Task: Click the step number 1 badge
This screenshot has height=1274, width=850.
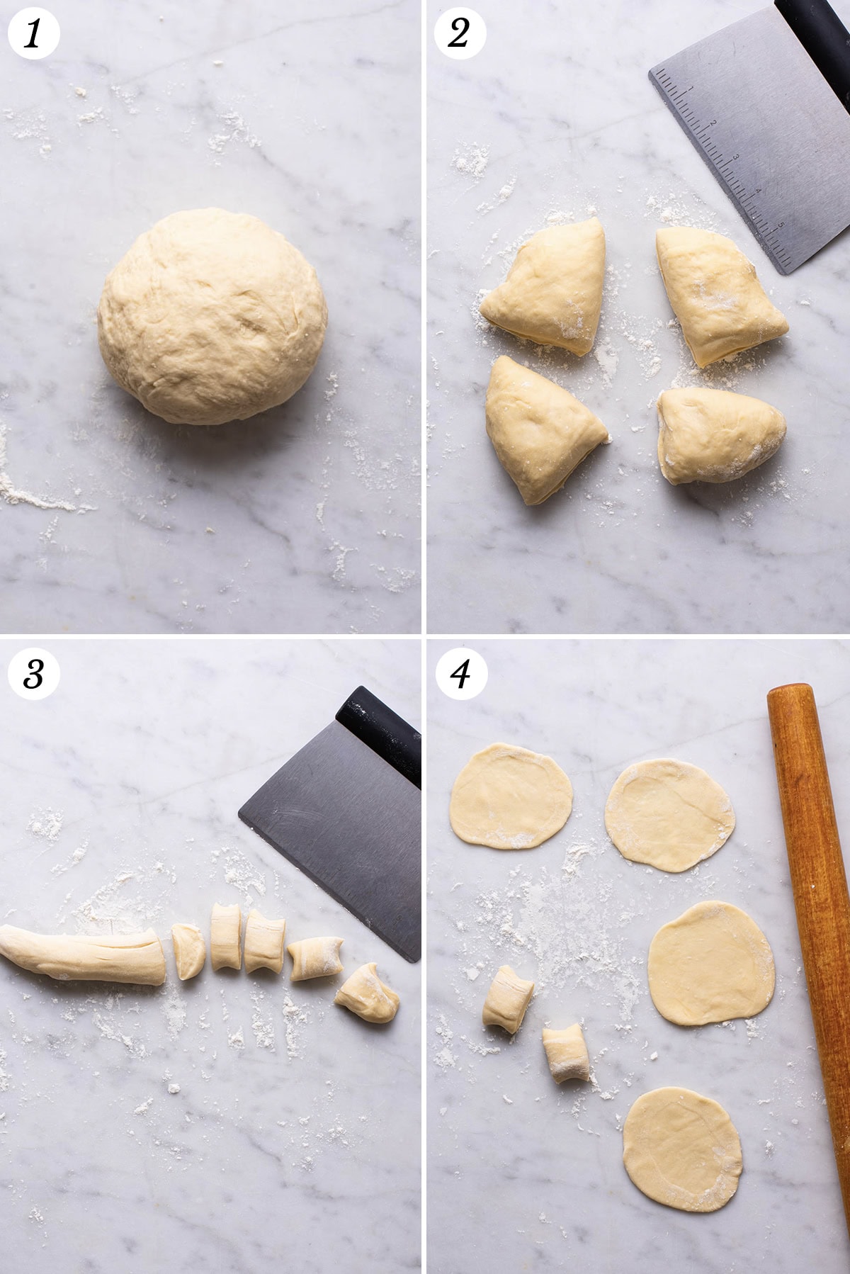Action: [33, 33]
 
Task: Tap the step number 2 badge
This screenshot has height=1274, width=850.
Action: [459, 33]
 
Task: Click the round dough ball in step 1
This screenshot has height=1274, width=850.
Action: [212, 316]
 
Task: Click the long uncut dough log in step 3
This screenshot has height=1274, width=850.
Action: [84, 952]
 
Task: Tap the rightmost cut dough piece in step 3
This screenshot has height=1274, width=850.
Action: [367, 993]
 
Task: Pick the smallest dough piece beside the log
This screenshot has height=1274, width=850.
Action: [188, 952]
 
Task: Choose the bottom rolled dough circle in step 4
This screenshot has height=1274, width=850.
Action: [682, 1149]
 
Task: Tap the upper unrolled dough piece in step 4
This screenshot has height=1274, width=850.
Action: [508, 999]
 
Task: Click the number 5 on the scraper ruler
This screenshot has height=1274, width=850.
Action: [781, 226]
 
